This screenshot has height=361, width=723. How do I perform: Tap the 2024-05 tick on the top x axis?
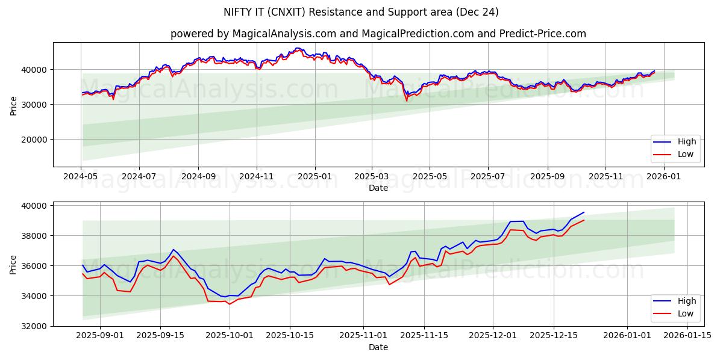(x=81, y=177)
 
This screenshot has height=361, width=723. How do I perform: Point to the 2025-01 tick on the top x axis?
(x=315, y=177)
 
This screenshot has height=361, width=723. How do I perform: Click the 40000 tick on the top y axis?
(x=37, y=70)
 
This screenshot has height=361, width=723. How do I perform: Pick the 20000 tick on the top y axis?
(x=37, y=140)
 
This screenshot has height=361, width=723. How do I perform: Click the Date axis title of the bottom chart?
(x=378, y=347)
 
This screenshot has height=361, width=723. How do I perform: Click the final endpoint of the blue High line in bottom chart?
(x=584, y=212)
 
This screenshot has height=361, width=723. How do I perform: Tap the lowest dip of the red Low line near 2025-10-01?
(x=229, y=304)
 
